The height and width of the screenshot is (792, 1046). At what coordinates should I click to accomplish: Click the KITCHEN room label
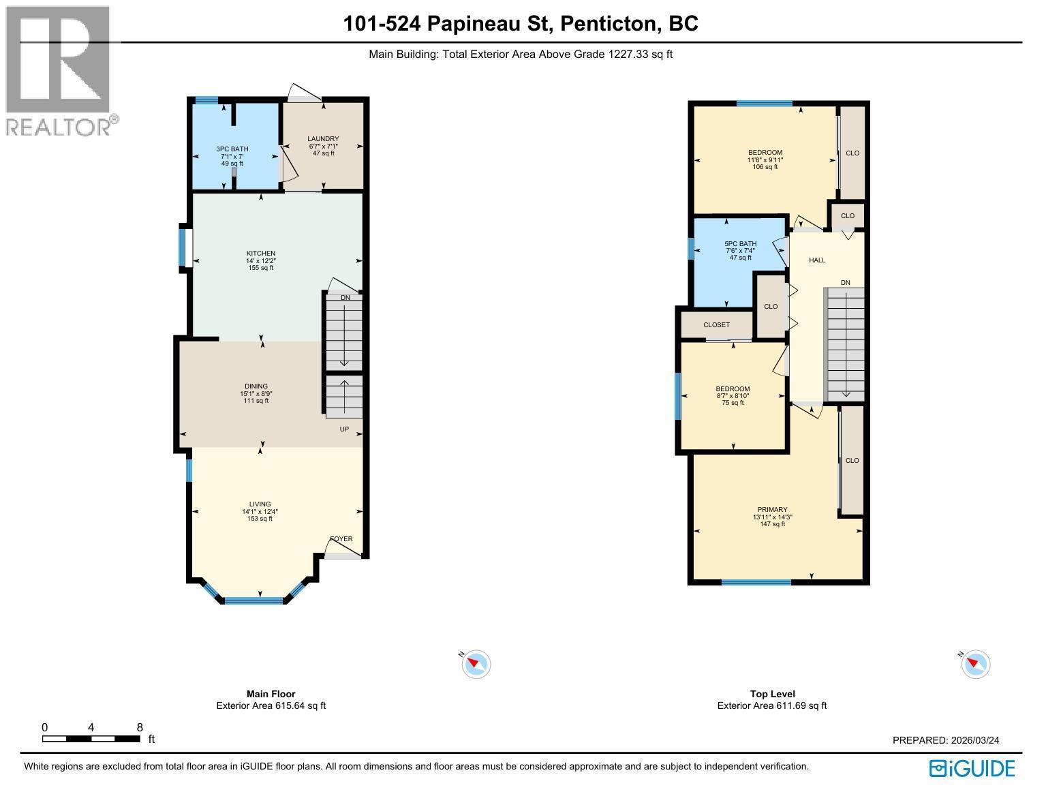(x=260, y=254)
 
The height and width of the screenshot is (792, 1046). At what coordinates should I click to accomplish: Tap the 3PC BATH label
(x=232, y=149)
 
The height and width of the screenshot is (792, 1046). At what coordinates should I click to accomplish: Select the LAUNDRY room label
(x=323, y=139)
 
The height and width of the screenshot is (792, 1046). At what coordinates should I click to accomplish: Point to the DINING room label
(x=256, y=386)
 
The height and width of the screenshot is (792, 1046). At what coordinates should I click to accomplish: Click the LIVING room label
(x=260, y=504)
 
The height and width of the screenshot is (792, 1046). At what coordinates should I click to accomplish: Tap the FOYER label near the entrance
(x=341, y=539)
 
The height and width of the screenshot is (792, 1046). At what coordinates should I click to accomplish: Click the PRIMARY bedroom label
(x=772, y=510)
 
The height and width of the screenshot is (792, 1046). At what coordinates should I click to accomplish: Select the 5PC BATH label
(x=740, y=244)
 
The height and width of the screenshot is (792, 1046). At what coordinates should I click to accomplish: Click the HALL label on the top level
(x=817, y=260)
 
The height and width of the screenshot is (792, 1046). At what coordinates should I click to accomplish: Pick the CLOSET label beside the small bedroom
(x=716, y=325)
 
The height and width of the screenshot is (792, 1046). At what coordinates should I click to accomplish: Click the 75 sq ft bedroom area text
(x=733, y=403)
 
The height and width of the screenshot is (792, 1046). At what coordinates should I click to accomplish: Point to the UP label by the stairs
(x=344, y=429)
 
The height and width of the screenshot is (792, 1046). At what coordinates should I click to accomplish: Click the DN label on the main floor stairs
(x=345, y=298)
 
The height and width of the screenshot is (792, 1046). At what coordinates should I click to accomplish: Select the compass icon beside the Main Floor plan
(x=476, y=664)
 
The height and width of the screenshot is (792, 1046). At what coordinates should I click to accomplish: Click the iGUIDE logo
(x=972, y=768)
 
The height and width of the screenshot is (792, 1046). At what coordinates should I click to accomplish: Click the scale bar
(x=91, y=739)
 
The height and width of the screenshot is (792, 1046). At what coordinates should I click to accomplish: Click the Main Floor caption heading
(x=271, y=694)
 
